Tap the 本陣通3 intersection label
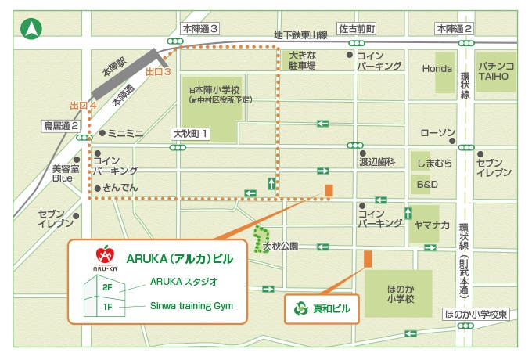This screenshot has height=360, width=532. coord(199,29)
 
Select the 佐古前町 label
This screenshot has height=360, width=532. coord(357,29)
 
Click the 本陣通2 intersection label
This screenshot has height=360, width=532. coord(455,29)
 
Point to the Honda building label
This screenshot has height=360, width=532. coord(437,69)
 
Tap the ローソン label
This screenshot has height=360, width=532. coord(437,132)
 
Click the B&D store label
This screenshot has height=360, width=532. coord(428,185)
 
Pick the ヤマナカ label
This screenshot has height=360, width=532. coord(433,225)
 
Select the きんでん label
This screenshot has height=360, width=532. coord(120,188)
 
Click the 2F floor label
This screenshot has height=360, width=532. coord(107,287)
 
